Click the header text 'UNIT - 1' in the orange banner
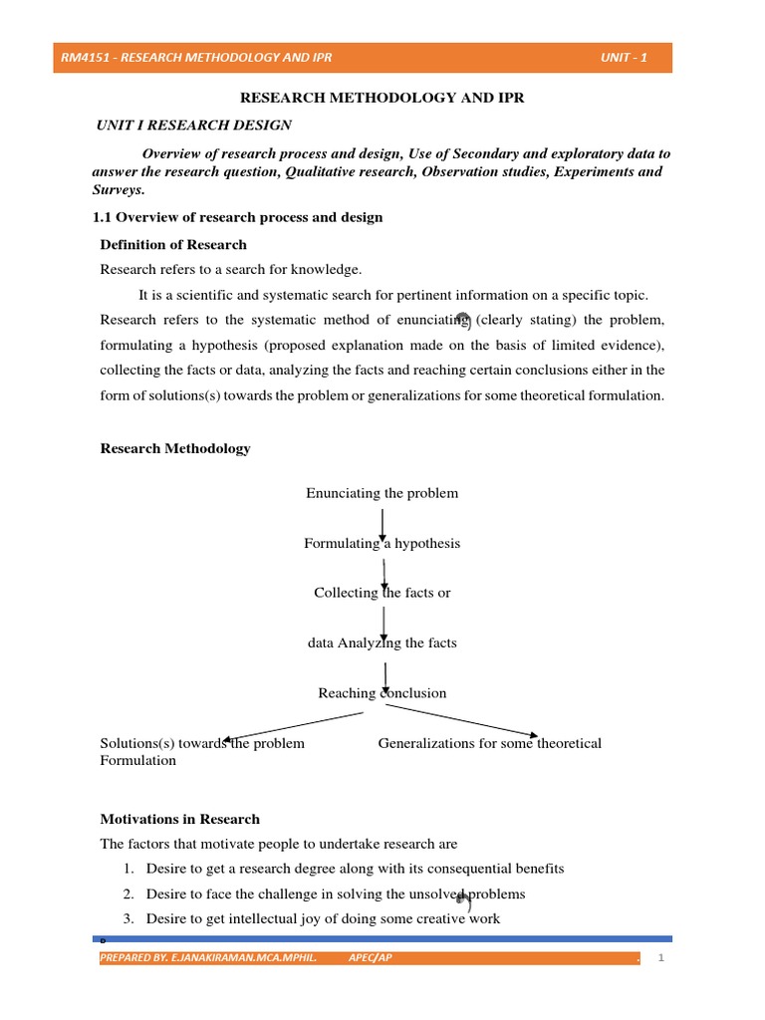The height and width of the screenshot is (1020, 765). (624, 58)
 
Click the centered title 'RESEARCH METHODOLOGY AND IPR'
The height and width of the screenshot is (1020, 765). (382, 99)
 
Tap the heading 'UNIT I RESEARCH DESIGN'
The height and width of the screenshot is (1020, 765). (193, 126)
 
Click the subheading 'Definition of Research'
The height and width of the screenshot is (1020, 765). (173, 244)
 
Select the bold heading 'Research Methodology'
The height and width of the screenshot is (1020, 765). (175, 448)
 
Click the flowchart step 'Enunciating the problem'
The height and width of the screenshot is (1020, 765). (382, 493)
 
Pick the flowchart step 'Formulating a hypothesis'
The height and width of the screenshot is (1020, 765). (382, 543)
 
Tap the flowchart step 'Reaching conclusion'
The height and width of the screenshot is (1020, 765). (382, 693)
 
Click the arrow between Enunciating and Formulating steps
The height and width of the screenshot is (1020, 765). (383, 522)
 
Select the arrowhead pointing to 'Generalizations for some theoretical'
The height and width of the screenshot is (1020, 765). (533, 735)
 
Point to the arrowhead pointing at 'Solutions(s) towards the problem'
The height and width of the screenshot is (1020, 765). (229, 738)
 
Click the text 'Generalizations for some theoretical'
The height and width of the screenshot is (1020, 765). (489, 743)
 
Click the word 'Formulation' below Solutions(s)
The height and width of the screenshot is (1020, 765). (138, 761)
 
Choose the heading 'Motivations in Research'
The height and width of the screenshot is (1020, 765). (179, 819)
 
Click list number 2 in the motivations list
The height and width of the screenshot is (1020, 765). (128, 893)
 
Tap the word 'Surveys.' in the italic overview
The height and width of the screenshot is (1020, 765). (119, 189)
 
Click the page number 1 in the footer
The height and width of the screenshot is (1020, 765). (660, 958)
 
